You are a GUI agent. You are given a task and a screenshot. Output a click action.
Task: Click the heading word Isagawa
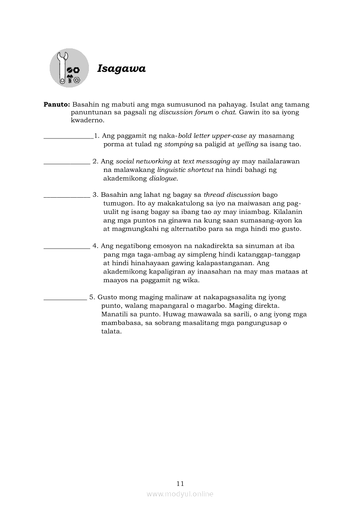pyautogui.click(x=121, y=69)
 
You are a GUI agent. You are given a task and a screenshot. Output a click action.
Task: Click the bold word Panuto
pyautogui.click(x=57, y=104)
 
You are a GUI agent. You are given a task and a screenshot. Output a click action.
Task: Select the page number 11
pyautogui.click(x=180, y=483)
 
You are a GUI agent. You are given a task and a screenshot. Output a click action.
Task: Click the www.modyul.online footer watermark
pyautogui.click(x=180, y=494)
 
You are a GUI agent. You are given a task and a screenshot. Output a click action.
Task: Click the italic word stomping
pyautogui.click(x=179, y=144)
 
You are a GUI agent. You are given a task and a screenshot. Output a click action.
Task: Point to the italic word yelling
pyautogui.click(x=248, y=144)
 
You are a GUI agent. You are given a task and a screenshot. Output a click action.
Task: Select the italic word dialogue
pyautogui.click(x=163, y=178)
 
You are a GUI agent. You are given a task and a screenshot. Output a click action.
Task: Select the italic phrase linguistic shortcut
pyautogui.click(x=185, y=170)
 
